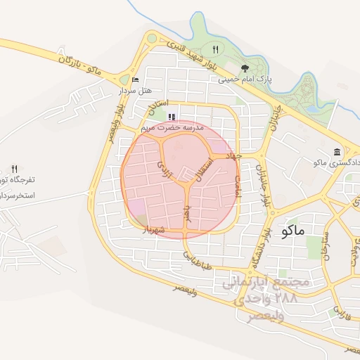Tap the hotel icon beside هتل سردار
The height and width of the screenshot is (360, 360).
136,79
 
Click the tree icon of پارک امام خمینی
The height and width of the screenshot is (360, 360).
245,68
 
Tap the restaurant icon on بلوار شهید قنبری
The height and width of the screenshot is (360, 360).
215,49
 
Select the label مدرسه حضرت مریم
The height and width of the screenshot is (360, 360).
172,128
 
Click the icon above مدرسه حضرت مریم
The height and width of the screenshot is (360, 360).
172,117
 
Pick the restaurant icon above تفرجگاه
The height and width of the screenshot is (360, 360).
14,169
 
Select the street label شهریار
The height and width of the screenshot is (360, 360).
153,229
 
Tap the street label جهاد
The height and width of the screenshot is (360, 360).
233,155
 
